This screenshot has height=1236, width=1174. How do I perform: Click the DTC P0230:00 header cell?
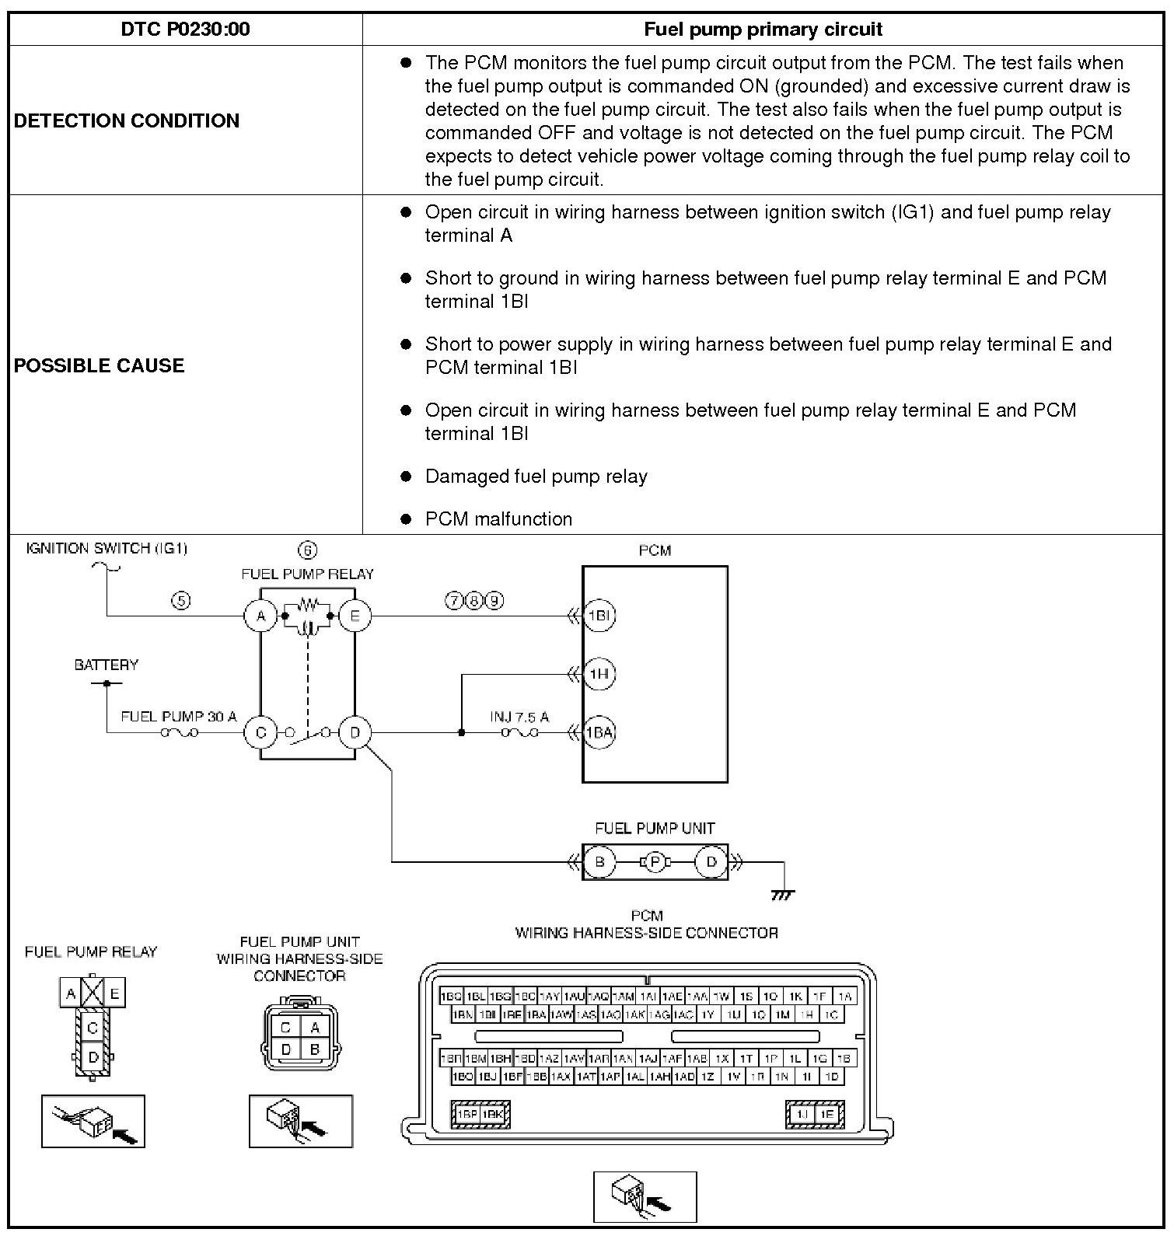[x=185, y=30]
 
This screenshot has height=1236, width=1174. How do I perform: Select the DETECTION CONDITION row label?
[x=127, y=120]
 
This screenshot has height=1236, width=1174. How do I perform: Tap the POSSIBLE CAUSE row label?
[x=99, y=365]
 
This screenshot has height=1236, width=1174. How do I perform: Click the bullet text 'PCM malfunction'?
[x=498, y=518]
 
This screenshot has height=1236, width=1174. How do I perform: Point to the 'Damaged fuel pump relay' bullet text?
[x=536, y=476]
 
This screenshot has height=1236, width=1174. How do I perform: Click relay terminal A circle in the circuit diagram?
[x=261, y=616]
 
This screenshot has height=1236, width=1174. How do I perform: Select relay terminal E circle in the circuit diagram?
[x=355, y=616]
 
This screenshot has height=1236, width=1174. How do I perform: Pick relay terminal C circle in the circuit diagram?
[x=261, y=732]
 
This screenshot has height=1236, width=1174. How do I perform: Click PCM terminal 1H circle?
[x=599, y=674]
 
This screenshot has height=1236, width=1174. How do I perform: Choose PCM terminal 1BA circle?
[x=599, y=732]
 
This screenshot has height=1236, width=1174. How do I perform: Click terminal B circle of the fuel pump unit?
[x=599, y=862]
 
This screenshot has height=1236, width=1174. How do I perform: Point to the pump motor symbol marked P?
[x=655, y=862]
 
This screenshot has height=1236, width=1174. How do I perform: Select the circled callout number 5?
[x=181, y=600]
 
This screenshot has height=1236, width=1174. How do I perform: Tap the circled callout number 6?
[x=308, y=550]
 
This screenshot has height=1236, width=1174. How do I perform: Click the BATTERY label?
[x=107, y=665]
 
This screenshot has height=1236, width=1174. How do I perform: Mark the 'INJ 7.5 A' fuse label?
[x=519, y=716]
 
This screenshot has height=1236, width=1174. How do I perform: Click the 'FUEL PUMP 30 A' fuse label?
[x=179, y=716]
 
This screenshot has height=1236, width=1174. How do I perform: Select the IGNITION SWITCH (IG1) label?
[x=107, y=548]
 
